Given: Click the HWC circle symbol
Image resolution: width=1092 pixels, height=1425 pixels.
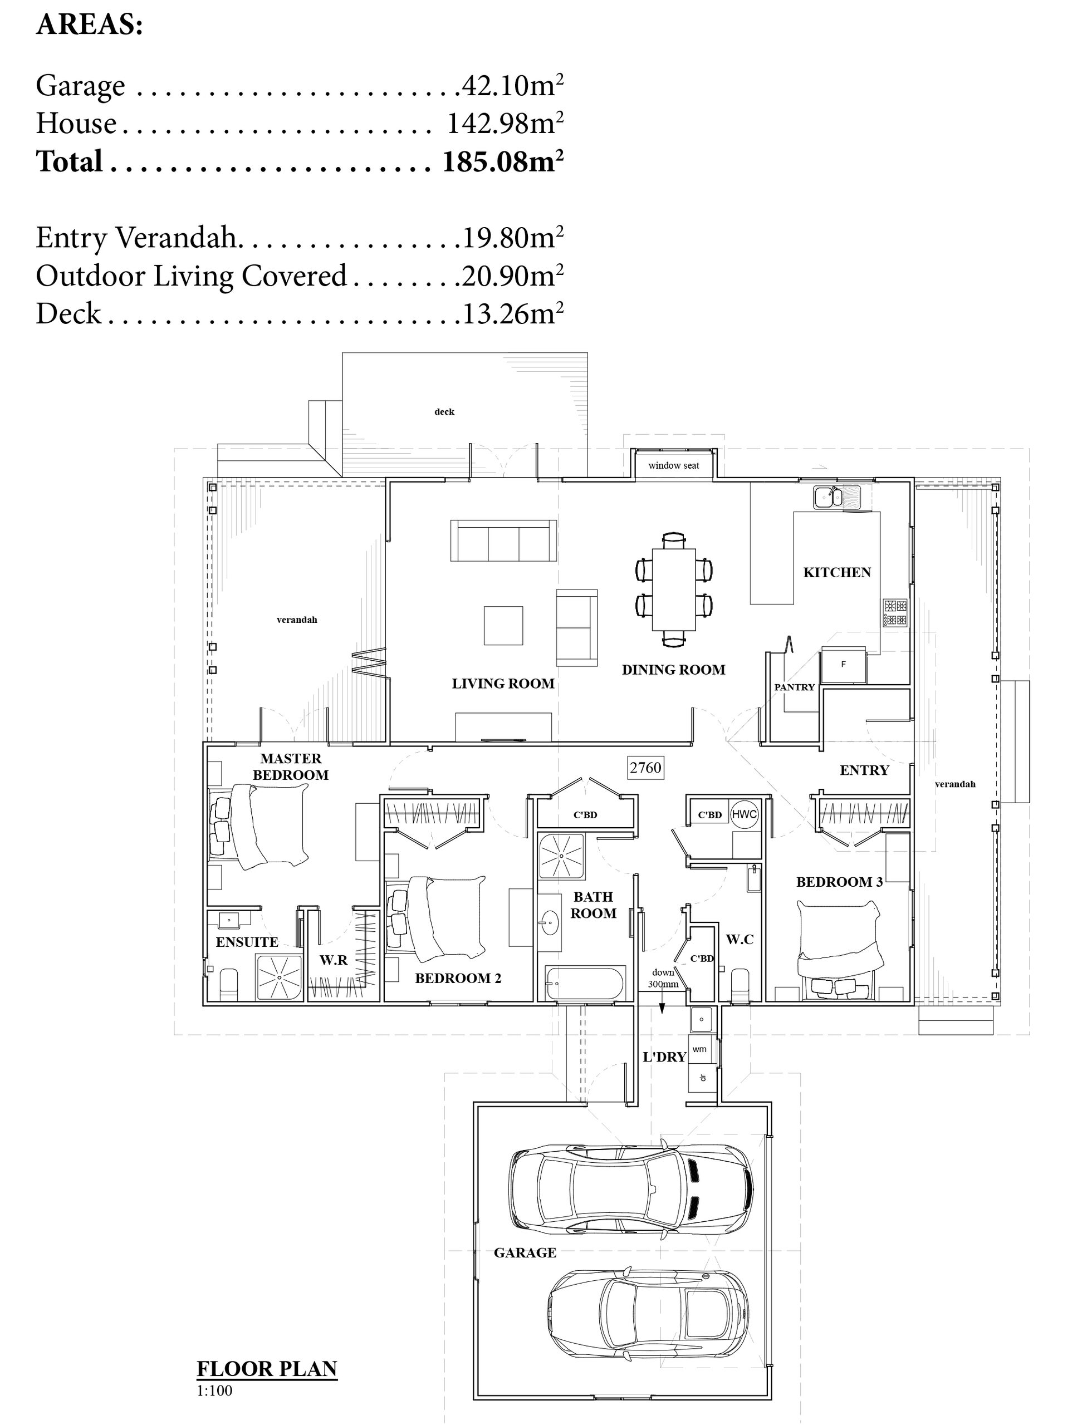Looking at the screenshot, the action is pyautogui.click(x=745, y=814).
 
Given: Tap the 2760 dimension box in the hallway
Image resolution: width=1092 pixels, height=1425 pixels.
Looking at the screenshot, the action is pyautogui.click(x=645, y=768).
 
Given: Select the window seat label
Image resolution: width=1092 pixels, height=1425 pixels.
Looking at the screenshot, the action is pyautogui.click(x=673, y=465).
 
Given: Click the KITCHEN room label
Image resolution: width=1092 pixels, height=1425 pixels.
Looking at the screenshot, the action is pyautogui.click(x=837, y=572).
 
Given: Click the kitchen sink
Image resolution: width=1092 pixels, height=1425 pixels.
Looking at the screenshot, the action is pyautogui.click(x=837, y=498).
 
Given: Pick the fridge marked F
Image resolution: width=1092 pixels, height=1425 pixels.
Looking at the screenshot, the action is pyautogui.click(x=844, y=665).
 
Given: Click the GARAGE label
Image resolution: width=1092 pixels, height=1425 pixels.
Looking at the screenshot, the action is pyautogui.click(x=525, y=1253).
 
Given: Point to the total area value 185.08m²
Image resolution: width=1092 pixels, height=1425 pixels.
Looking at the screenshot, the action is pyautogui.click(x=502, y=161).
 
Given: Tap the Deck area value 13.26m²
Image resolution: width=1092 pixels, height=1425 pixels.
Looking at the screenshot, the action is pyautogui.click(x=513, y=314).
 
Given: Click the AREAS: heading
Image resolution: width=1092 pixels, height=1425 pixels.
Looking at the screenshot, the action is pyautogui.click(x=90, y=24).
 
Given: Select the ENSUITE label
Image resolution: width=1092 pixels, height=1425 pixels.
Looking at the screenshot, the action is pyautogui.click(x=247, y=942).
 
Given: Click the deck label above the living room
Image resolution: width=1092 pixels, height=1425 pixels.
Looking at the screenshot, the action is pyautogui.click(x=444, y=412).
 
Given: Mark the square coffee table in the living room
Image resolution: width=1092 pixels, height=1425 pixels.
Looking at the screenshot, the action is pyautogui.click(x=503, y=625).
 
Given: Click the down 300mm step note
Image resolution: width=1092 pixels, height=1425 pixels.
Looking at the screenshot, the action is pyautogui.click(x=663, y=978).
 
